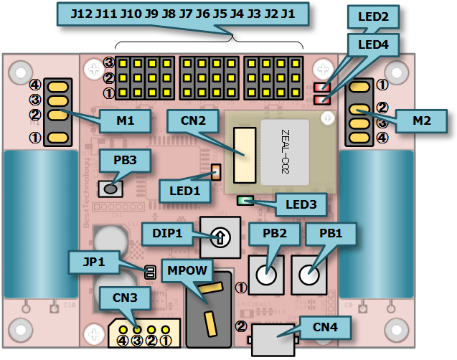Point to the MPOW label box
click(187, 270)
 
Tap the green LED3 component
click(246, 201)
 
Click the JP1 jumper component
click(150, 272)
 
